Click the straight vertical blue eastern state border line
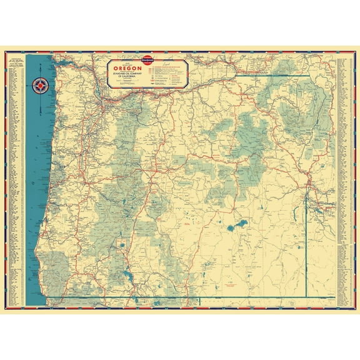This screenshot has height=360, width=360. pyautogui.click(x=306, y=250)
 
